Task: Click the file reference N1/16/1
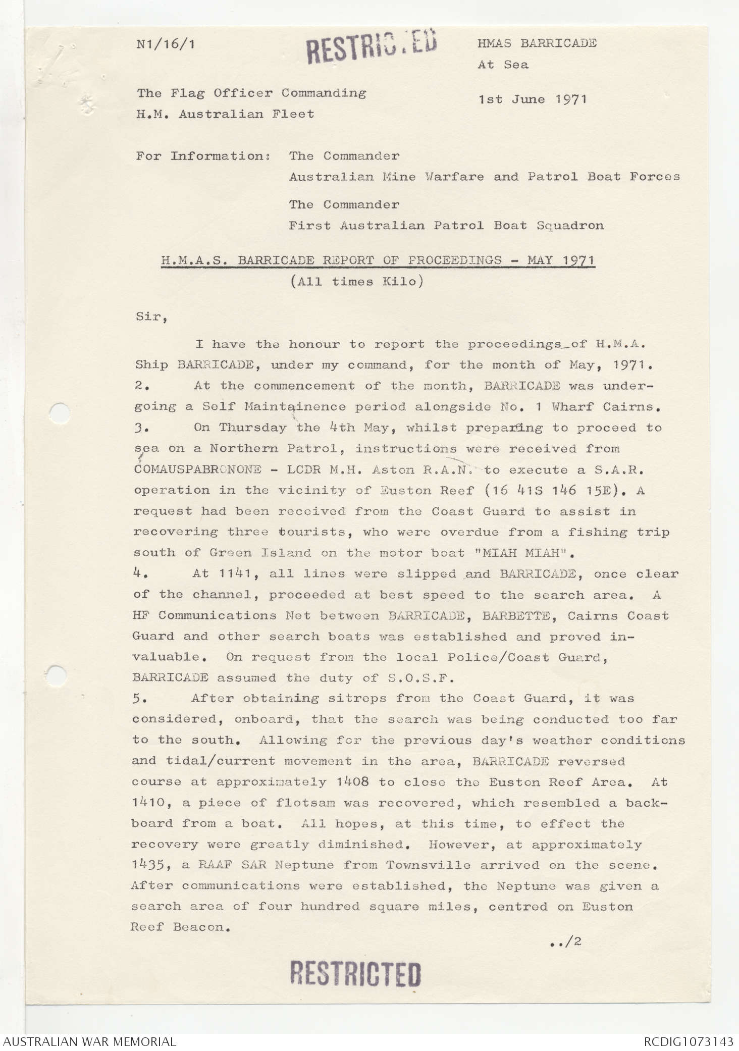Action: (166, 44)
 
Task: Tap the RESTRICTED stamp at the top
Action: (372, 46)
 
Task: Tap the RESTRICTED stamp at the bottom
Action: (355, 974)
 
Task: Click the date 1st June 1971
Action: (533, 99)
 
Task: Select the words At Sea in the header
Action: (503, 65)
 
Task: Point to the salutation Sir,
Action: (151, 317)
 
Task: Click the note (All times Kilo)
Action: (356, 282)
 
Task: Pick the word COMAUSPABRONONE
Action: (197, 469)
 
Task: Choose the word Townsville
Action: (428, 865)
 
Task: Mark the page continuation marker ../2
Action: (565, 941)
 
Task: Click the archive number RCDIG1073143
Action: (689, 1042)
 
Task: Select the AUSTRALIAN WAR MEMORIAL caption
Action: (90, 1042)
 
